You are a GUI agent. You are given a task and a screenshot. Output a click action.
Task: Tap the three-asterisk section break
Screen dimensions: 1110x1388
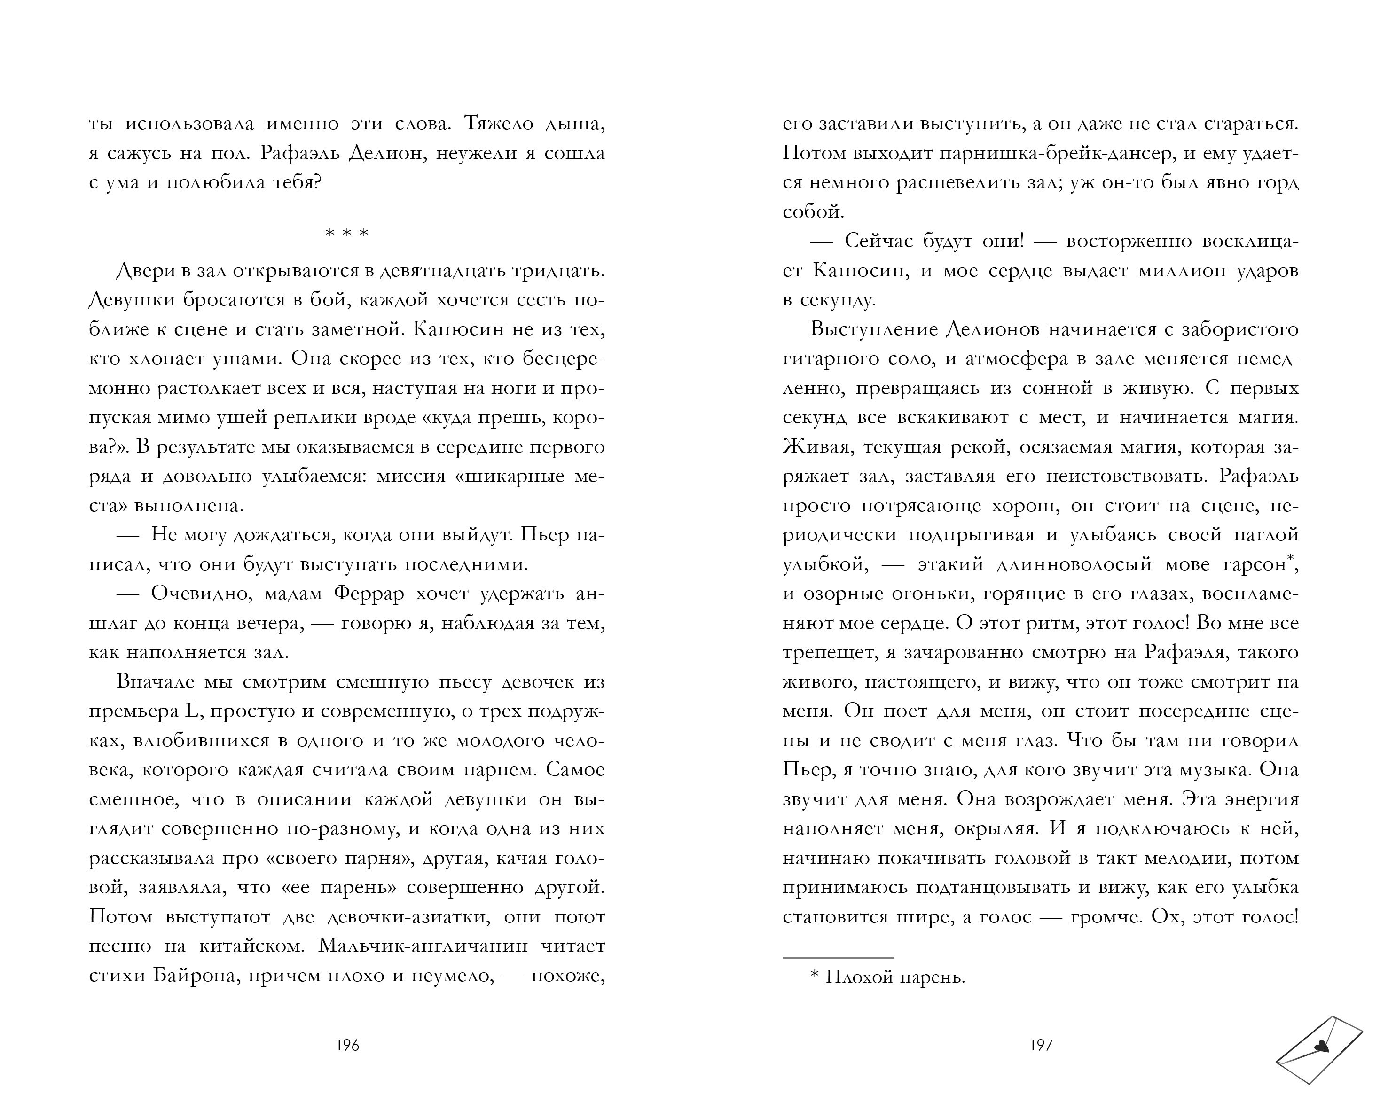[347, 233]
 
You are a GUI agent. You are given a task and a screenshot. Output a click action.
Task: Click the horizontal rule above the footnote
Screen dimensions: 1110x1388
[838, 958]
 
